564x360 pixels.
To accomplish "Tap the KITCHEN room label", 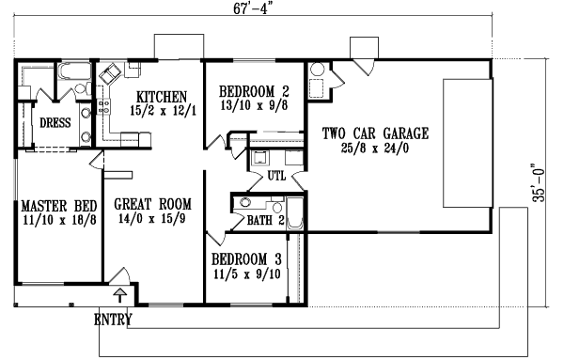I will click(162, 97).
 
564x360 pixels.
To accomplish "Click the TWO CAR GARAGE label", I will click(375, 133).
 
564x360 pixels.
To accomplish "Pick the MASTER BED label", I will click(55, 207).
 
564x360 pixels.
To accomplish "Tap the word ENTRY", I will click(113, 321).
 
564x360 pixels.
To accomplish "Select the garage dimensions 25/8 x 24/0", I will click(374, 148).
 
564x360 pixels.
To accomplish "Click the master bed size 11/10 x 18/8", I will click(55, 221).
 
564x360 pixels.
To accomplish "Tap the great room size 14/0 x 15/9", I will click(152, 218).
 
